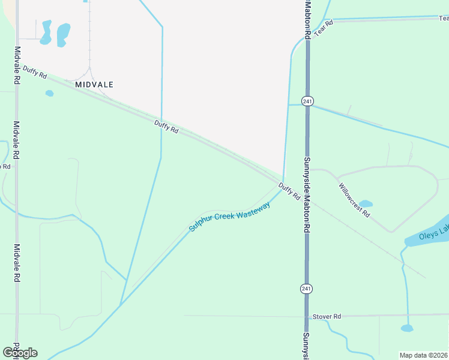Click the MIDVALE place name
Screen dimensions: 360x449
click(94, 85)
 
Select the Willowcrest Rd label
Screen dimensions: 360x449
click(354, 200)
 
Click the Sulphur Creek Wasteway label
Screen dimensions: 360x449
click(229, 217)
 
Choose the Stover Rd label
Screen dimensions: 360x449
click(327, 316)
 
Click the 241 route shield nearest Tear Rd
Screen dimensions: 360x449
click(307, 101)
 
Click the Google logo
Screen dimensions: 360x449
click(20, 352)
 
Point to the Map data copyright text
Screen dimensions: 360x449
click(423, 355)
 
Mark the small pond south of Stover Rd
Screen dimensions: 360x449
click(407, 328)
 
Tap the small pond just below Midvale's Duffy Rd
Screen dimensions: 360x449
click(49, 93)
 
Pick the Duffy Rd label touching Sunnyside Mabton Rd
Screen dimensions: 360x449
click(289, 193)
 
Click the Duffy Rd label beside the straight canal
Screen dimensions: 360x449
click(166, 127)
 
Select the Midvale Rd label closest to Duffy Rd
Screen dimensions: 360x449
click(17, 65)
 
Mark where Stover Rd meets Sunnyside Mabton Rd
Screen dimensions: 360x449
click(307, 316)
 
